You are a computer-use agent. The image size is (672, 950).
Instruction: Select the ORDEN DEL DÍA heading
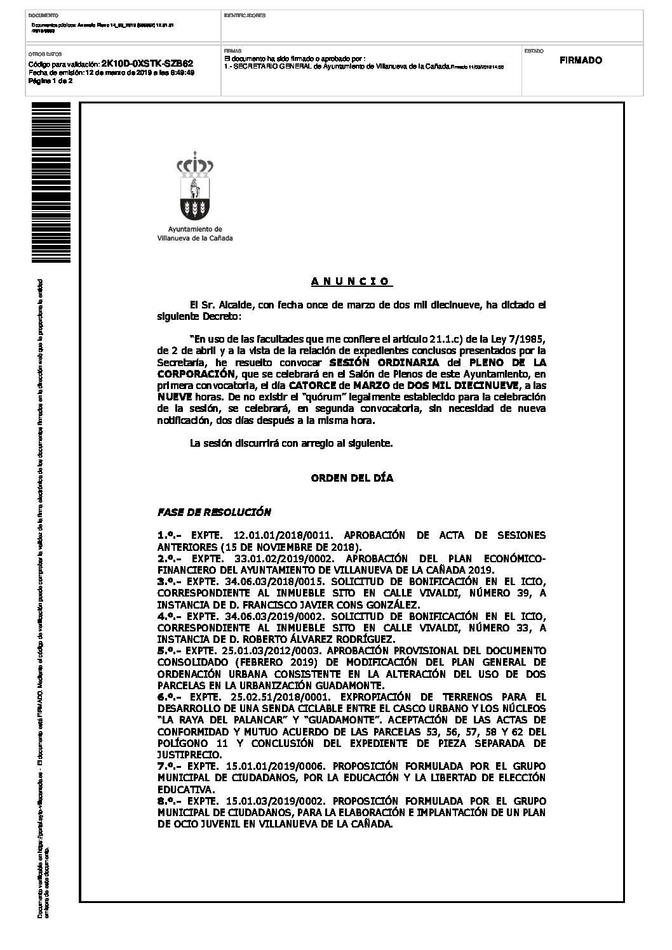(352, 478)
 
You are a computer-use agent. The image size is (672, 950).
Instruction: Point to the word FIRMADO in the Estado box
(581, 61)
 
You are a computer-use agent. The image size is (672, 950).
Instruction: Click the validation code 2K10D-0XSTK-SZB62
(147, 65)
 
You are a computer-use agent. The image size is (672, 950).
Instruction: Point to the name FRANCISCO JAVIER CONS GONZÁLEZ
(344, 605)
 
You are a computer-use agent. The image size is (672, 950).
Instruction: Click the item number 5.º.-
(170, 650)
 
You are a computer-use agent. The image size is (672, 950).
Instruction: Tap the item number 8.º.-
(170, 801)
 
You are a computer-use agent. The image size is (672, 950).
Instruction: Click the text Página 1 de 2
(51, 81)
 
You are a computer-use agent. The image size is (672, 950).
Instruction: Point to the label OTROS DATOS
(42, 55)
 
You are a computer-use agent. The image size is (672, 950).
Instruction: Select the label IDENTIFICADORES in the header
(245, 15)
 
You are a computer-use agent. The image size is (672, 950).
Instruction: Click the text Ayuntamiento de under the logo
(194, 230)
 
